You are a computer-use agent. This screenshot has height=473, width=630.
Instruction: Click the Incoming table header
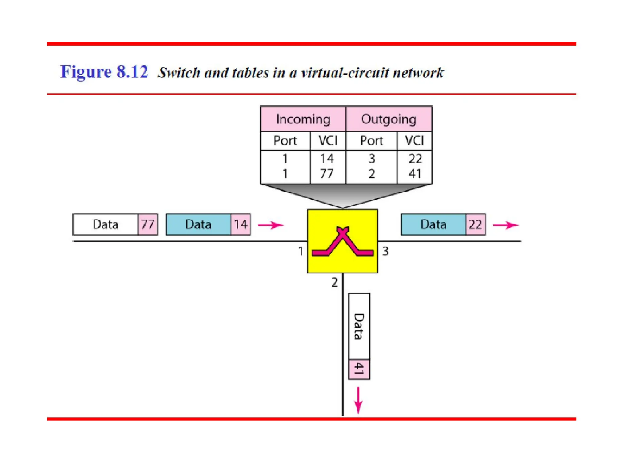pos(303,119)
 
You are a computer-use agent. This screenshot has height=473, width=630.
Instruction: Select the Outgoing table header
pos(389,119)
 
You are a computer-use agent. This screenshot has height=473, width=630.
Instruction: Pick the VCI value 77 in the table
pos(327,174)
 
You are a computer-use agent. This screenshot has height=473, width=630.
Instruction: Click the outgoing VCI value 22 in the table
pos(415,159)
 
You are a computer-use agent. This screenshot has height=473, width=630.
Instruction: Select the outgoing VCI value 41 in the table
pos(415,174)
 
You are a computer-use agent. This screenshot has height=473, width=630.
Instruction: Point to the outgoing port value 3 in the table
pos(372,159)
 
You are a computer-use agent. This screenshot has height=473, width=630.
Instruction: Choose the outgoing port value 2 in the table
pos(372,174)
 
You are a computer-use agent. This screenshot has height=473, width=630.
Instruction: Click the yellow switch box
pos(342,241)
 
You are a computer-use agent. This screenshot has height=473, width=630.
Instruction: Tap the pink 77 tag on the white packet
pos(148,224)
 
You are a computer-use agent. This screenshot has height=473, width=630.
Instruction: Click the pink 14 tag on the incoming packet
pos(241,224)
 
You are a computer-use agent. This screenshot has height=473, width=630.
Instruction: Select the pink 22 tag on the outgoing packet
pos(475,224)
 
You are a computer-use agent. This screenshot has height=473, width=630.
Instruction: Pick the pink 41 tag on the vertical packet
pos(359,369)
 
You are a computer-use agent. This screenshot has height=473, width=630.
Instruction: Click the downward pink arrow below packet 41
pos(358,400)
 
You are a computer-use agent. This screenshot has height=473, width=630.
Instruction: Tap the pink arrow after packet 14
pos(270,225)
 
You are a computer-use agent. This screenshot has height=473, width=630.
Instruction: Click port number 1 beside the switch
pos(301,251)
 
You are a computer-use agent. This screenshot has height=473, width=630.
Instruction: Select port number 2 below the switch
pos(334,282)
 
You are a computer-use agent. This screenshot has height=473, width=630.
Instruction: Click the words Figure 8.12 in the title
pos(104,72)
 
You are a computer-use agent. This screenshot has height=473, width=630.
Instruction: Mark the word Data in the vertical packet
pos(359,326)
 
